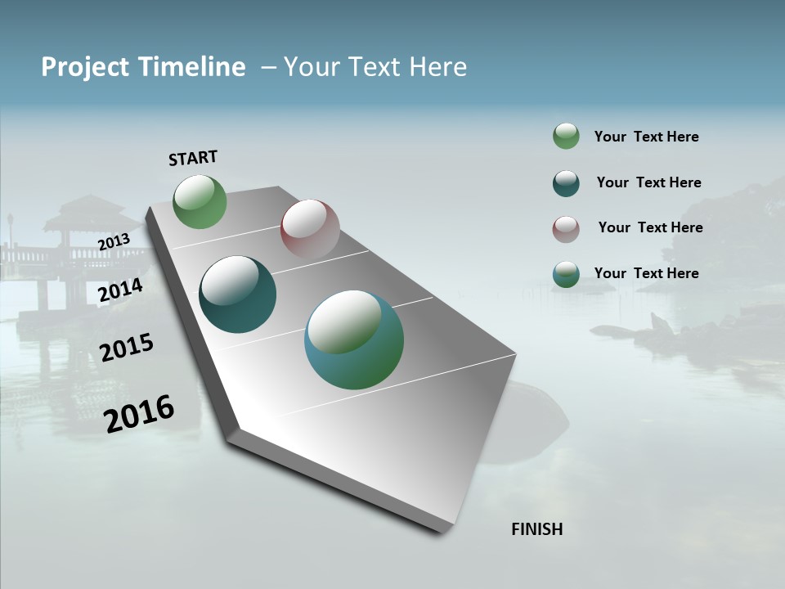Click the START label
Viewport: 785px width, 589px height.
[x=193, y=158]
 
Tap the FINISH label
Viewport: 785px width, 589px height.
[x=537, y=529]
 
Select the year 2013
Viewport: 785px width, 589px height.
[x=114, y=241]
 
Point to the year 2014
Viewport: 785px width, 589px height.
[x=121, y=290]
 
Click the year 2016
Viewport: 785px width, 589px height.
[x=140, y=413]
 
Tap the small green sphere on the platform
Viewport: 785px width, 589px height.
[x=200, y=202]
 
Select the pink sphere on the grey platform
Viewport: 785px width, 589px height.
[x=310, y=229]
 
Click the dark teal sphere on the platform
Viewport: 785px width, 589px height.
[x=238, y=294]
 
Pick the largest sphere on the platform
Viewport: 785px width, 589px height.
[x=354, y=339]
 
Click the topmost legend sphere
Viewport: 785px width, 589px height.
[x=566, y=137]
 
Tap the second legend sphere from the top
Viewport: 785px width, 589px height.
[x=566, y=183]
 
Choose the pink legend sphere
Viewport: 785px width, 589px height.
[x=566, y=229]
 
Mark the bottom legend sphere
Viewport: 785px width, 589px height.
[x=566, y=274]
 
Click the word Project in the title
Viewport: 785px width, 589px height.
[x=87, y=67]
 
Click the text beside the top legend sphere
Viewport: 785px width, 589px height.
[x=646, y=137]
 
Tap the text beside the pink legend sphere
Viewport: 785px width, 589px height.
[x=650, y=227]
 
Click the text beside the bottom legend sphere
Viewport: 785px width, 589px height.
[x=646, y=273]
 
